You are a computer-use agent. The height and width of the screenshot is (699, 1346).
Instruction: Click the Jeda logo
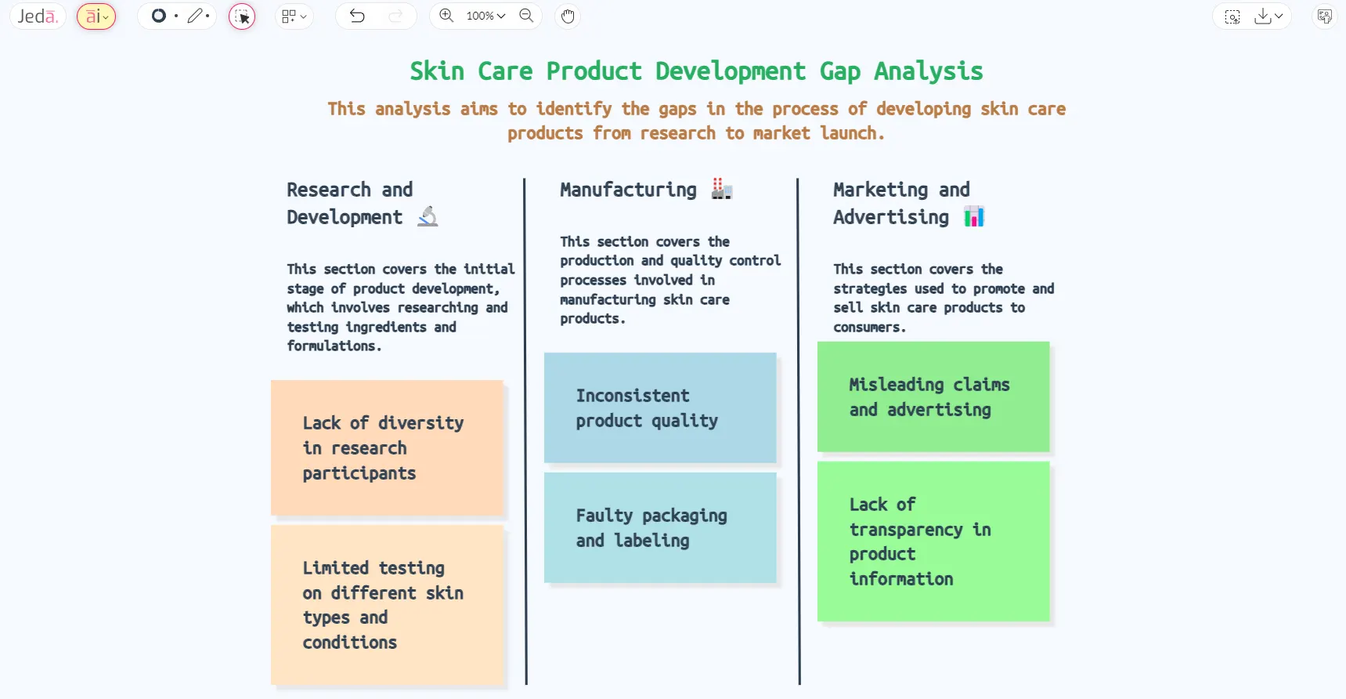(38, 16)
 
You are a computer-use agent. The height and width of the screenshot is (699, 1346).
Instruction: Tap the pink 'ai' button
(96, 16)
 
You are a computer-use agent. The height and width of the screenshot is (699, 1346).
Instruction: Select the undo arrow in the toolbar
(357, 16)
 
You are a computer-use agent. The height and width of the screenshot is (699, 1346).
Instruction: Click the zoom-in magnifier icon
(446, 16)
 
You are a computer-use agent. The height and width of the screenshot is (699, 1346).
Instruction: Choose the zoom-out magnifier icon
(526, 16)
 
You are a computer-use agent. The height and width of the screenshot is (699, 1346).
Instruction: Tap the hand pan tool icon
(568, 16)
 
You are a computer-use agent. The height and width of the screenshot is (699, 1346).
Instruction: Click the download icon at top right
(1262, 16)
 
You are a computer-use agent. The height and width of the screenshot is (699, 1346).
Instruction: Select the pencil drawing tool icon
(195, 16)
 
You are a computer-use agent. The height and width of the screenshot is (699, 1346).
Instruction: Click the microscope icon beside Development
(428, 216)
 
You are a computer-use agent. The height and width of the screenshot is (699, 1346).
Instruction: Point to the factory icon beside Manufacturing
(721, 189)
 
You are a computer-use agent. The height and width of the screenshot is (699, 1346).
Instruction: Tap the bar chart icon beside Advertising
(974, 216)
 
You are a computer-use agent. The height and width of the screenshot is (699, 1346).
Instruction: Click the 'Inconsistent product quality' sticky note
(660, 407)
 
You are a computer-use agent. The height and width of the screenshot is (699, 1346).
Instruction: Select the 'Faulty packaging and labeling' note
(660, 527)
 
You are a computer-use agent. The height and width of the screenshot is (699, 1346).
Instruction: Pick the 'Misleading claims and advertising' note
(933, 397)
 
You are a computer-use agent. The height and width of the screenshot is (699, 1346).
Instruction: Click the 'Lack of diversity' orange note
(387, 447)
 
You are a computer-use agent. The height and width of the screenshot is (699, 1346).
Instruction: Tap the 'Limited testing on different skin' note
(387, 605)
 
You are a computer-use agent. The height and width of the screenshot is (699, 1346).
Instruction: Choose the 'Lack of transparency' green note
(933, 541)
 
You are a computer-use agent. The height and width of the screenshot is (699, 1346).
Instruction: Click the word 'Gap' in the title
(840, 71)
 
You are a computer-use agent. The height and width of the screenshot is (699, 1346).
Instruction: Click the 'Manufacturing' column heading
(628, 190)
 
